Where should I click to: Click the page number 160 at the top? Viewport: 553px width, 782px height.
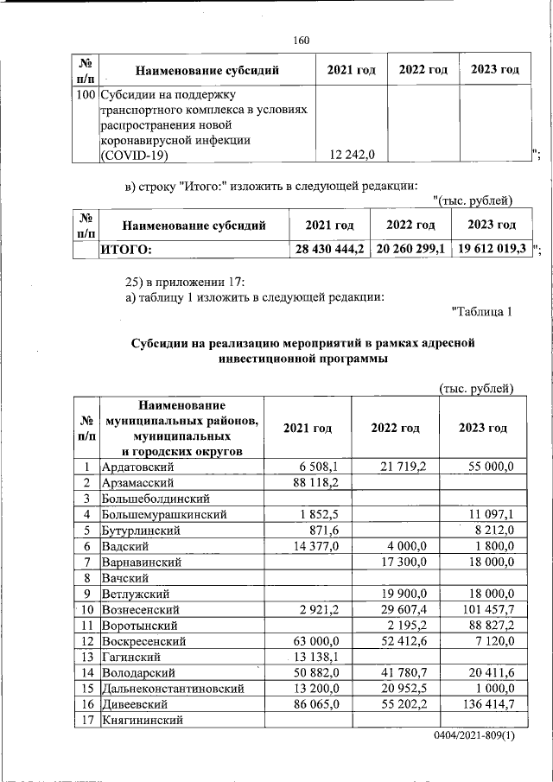point(301,41)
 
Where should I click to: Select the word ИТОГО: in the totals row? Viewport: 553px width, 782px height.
point(127,249)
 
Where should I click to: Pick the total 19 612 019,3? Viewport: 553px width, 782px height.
point(491,249)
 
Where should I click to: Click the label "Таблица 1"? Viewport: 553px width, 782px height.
point(483,312)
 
